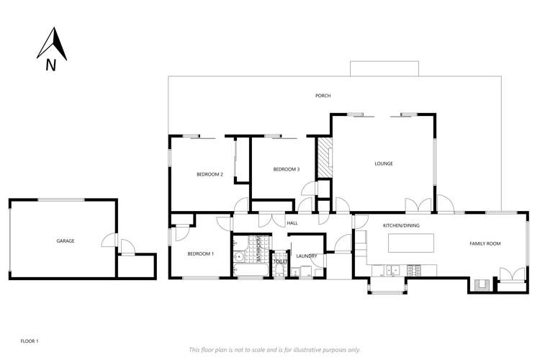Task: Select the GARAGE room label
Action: pyautogui.click(x=66, y=240)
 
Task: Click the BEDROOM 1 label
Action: pyautogui.click(x=200, y=253)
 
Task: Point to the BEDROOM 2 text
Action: pyautogui.click(x=210, y=174)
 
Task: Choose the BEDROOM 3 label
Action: pyautogui.click(x=286, y=169)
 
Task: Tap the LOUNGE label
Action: pyautogui.click(x=383, y=163)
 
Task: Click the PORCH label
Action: pyautogui.click(x=323, y=96)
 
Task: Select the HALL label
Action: pyautogui.click(x=292, y=223)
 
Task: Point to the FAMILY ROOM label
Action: pyautogui.click(x=485, y=243)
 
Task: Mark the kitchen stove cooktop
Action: pyautogui.click(x=415, y=270)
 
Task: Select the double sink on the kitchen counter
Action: pyautogui.click(x=390, y=270)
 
